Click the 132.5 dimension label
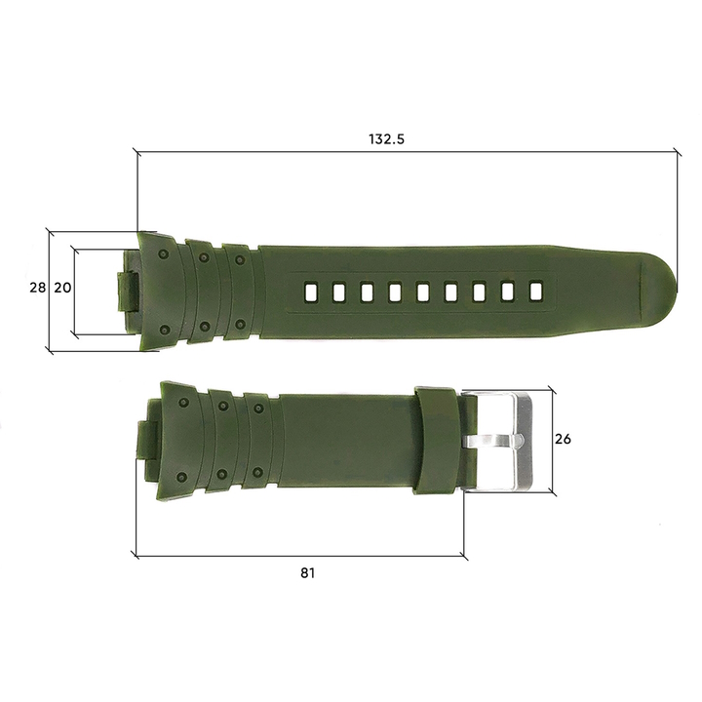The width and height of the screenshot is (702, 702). tap(387, 139)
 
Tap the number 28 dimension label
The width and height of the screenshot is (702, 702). tap(37, 288)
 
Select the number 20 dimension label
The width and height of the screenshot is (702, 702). tap(61, 288)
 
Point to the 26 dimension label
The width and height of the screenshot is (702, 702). tap(563, 439)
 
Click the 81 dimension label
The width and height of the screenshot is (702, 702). tap(307, 573)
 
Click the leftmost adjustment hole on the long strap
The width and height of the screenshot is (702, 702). tap(311, 292)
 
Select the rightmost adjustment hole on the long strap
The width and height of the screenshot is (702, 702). tap(535, 290)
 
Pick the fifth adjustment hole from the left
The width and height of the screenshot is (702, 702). tap(424, 292)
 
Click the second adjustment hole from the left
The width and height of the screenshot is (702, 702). tap(339, 292)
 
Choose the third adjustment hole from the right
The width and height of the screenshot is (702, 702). tap(480, 291)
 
